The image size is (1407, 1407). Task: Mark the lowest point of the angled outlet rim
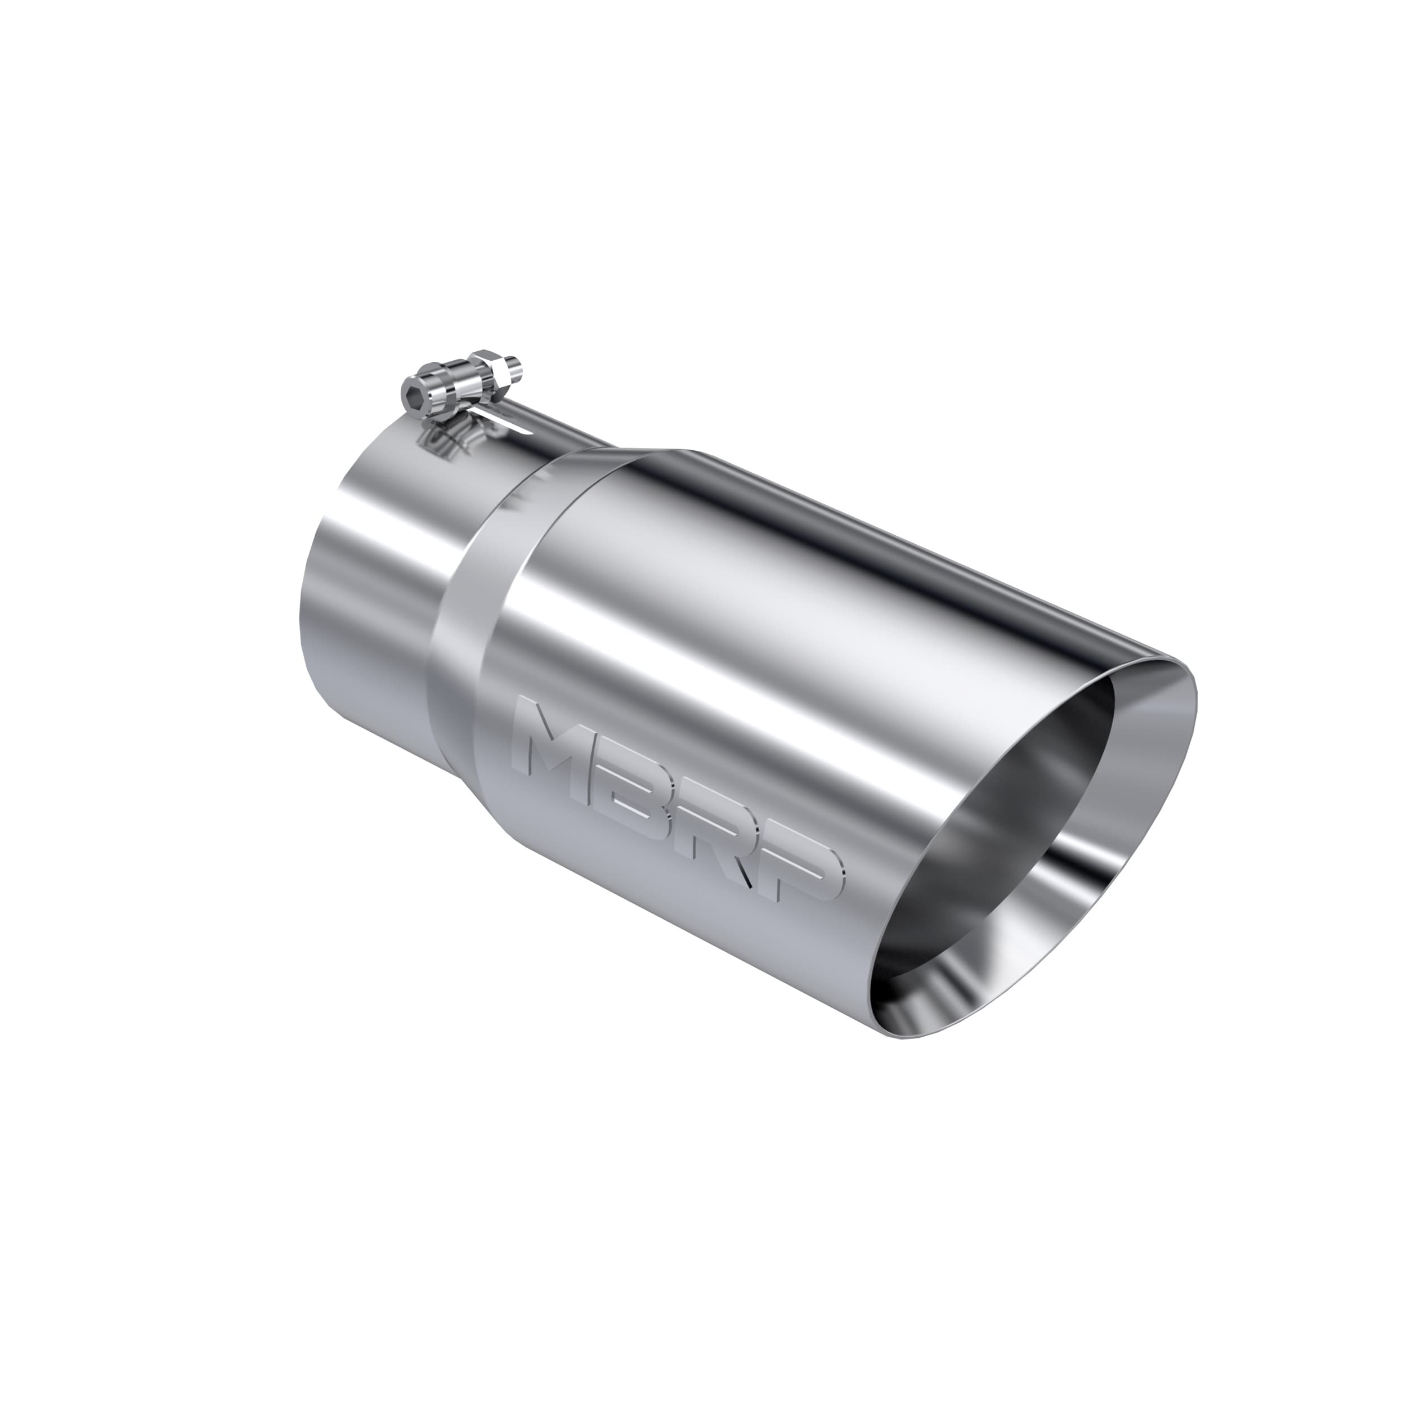pyautogui.click(x=903, y=1037)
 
